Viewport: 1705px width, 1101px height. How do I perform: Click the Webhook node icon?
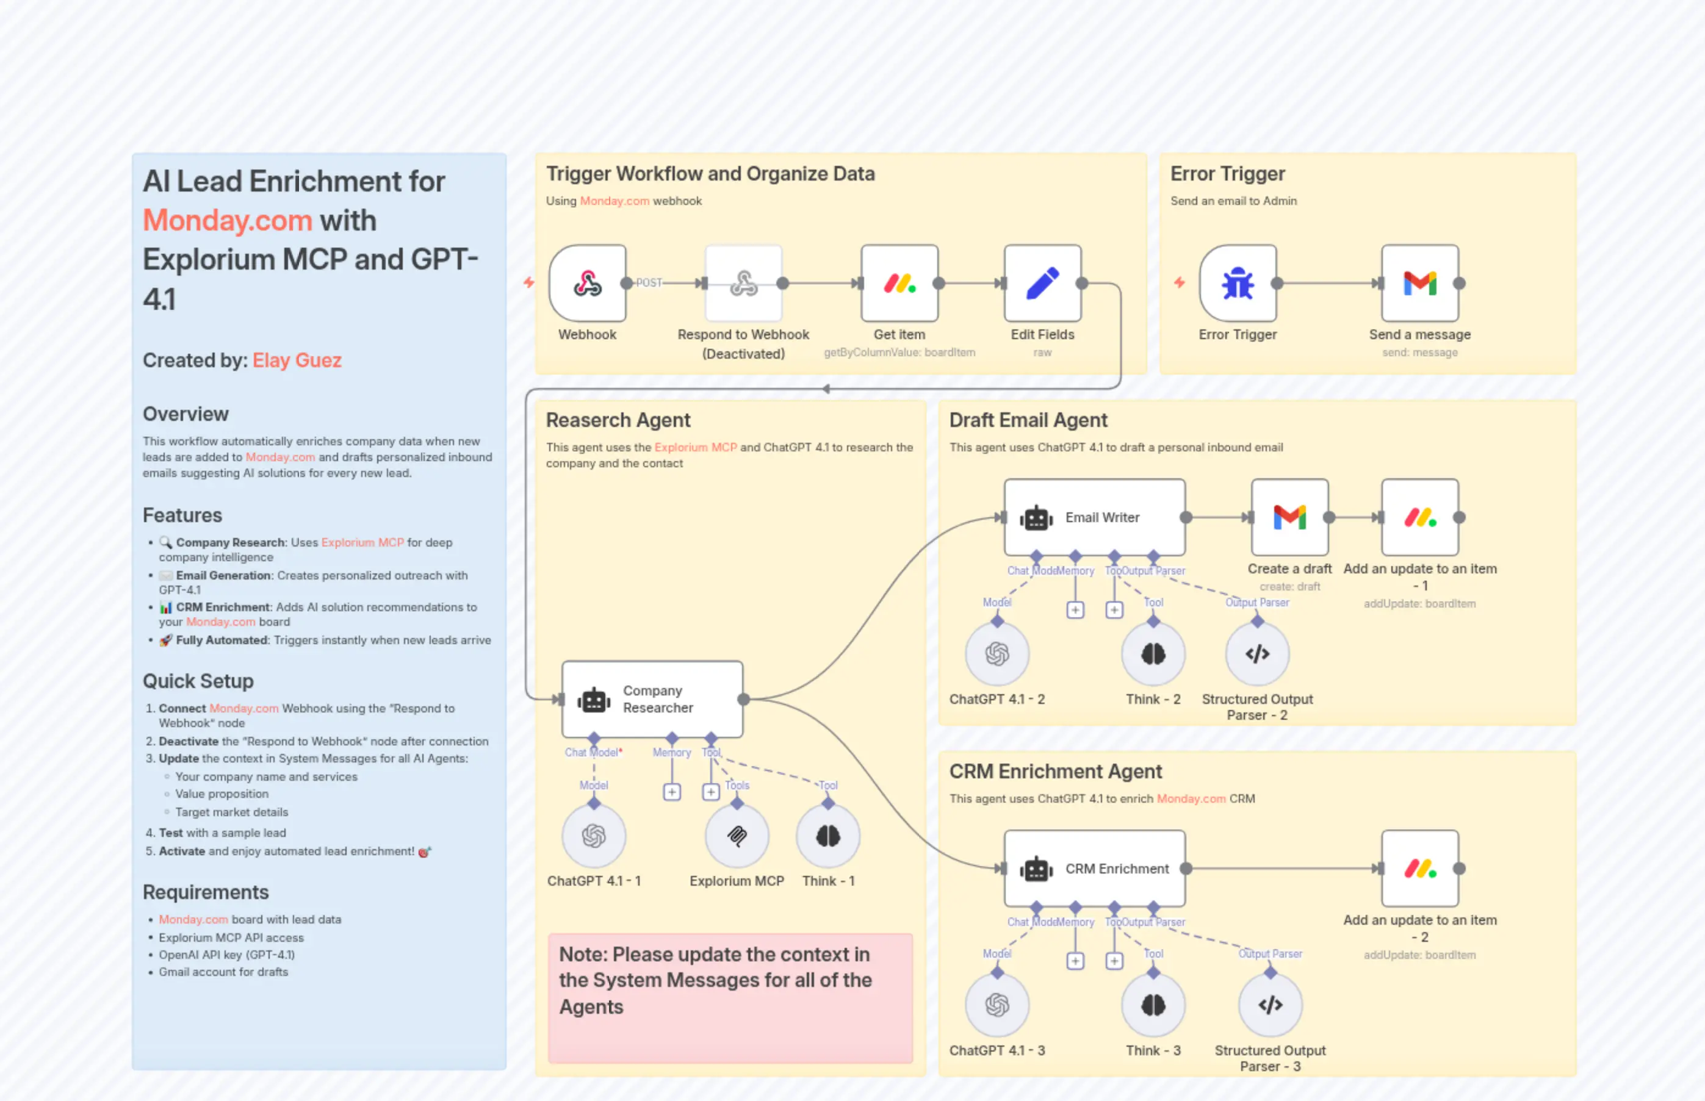(587, 283)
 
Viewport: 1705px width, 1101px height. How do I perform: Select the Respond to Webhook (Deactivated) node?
(743, 283)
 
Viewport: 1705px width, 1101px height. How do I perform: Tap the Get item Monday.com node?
(899, 283)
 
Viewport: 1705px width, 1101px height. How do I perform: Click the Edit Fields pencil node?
(1042, 283)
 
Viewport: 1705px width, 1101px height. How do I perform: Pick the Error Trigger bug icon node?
(1238, 283)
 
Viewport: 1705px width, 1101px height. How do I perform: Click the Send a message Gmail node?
(1419, 283)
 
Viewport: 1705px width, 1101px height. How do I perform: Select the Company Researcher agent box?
(652, 698)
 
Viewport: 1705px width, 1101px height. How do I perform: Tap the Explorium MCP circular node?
(737, 835)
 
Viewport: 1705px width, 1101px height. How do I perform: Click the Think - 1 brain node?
(827, 835)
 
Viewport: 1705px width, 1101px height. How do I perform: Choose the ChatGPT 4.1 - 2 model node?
(997, 653)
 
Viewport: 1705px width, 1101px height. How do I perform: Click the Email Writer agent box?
(1094, 517)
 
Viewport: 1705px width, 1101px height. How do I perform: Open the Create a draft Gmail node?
(1289, 517)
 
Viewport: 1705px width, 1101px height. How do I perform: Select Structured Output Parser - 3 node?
(1269, 1005)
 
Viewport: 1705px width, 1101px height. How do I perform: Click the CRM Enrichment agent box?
(1094, 868)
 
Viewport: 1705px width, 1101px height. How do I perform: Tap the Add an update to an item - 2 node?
(1419, 868)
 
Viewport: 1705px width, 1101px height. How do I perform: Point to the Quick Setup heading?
(198, 681)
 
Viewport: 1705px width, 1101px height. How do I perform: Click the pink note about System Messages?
(729, 997)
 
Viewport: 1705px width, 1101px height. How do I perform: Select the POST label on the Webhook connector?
(649, 283)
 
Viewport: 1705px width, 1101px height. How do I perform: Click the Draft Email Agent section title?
(1028, 420)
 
